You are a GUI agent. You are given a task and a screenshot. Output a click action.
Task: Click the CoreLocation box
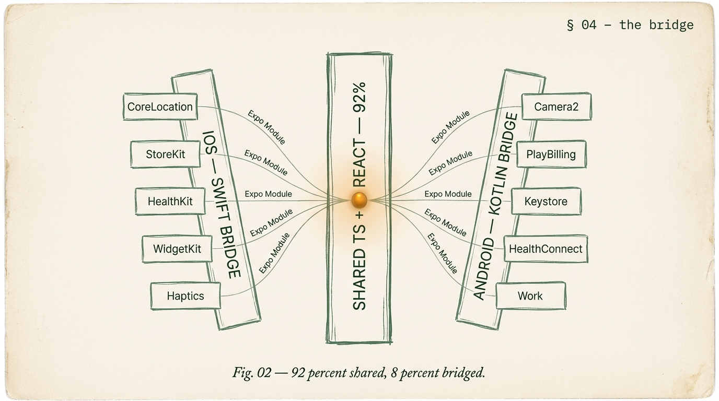tap(160, 107)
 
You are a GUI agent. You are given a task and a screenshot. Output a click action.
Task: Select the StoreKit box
tap(165, 155)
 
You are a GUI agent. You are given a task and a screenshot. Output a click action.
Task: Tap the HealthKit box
tap(170, 202)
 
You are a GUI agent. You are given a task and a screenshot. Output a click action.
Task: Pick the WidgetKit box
tap(177, 249)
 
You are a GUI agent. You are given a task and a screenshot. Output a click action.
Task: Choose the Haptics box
tap(185, 296)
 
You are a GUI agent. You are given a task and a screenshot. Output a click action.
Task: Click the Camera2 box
tap(556, 107)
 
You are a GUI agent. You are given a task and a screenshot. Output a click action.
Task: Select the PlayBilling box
tap(551, 155)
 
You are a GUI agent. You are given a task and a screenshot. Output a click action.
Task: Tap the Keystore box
tap(546, 202)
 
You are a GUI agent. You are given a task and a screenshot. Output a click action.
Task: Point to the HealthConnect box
tap(545, 249)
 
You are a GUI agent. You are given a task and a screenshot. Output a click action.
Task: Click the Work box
tap(530, 296)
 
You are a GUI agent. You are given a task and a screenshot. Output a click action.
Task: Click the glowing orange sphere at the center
tap(359, 199)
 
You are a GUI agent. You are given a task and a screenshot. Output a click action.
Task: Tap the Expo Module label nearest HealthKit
tap(268, 194)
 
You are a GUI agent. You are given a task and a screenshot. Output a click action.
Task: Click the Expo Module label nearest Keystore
tap(448, 194)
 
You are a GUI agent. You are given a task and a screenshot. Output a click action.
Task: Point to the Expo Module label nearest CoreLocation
tap(266, 127)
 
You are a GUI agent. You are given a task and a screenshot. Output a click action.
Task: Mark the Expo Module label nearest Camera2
tap(450, 127)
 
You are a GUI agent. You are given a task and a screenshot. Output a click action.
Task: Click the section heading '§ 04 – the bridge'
tap(630, 25)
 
